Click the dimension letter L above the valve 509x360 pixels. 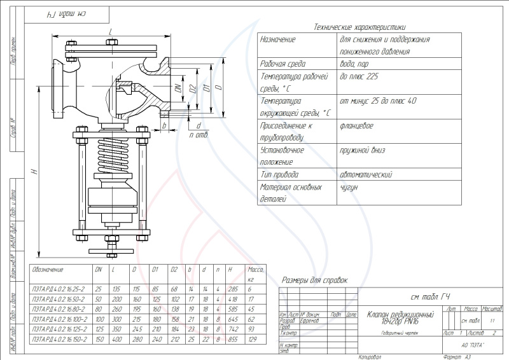tap(111, 31)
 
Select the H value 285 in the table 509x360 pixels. tap(232, 289)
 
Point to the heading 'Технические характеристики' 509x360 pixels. tap(360, 27)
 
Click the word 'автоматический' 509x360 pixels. tap(366, 174)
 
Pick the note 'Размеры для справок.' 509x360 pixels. tap(315, 280)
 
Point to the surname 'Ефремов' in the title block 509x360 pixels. tap(310, 320)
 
